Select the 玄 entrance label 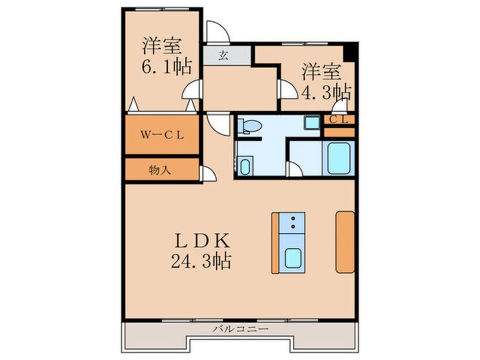[224, 55]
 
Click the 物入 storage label [161, 169]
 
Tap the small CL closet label [339, 119]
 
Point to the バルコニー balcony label [241, 329]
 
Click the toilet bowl [250, 125]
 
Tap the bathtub [339, 158]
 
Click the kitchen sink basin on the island [293, 259]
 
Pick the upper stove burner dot [293, 218]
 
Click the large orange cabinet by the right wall [345, 241]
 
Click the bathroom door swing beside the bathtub [295, 169]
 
